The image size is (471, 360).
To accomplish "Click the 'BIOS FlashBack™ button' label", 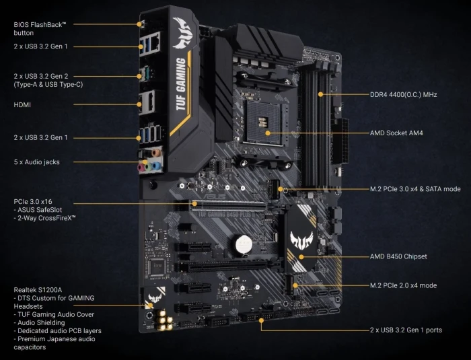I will (x=40, y=28).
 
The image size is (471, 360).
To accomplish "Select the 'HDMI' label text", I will (x=22, y=105).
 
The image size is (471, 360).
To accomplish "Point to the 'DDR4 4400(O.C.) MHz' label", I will (x=404, y=95).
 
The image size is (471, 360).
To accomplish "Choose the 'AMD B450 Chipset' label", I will (x=398, y=256).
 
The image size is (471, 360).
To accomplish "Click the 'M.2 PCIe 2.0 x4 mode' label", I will (x=403, y=285).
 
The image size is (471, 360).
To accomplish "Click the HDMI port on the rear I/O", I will (x=145, y=103).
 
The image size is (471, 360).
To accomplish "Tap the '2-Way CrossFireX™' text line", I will (x=46, y=218).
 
